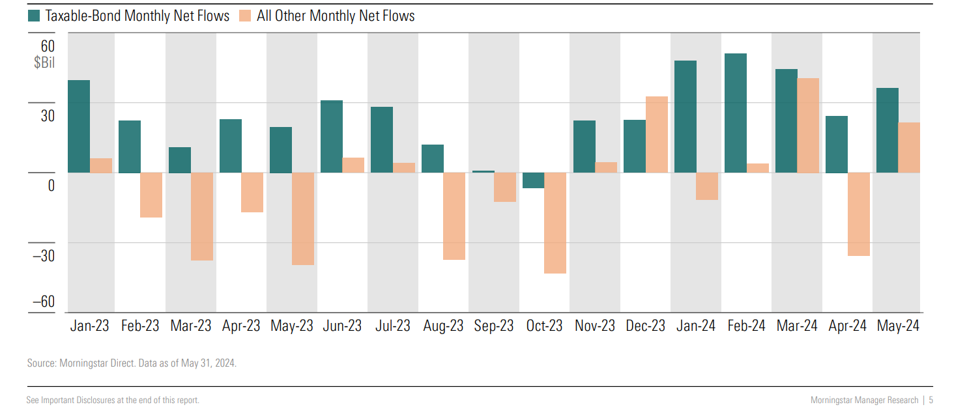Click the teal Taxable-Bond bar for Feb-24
(x=735, y=113)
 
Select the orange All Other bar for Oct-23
(x=555, y=223)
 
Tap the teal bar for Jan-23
(x=78, y=126)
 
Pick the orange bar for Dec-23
(x=656, y=134)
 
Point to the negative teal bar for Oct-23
(x=533, y=180)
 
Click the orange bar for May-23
(x=302, y=219)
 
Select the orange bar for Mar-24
(x=808, y=125)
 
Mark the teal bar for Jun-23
(x=331, y=136)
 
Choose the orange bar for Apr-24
(x=858, y=214)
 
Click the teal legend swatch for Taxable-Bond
(x=35, y=16)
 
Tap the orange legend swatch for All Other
(x=246, y=16)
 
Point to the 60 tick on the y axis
(x=48, y=46)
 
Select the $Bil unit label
(x=44, y=63)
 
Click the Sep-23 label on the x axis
(x=493, y=326)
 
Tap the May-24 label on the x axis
(x=897, y=326)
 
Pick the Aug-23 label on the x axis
(x=443, y=326)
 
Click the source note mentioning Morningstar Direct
(x=132, y=363)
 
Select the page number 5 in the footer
(x=931, y=400)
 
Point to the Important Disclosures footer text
(x=113, y=400)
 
